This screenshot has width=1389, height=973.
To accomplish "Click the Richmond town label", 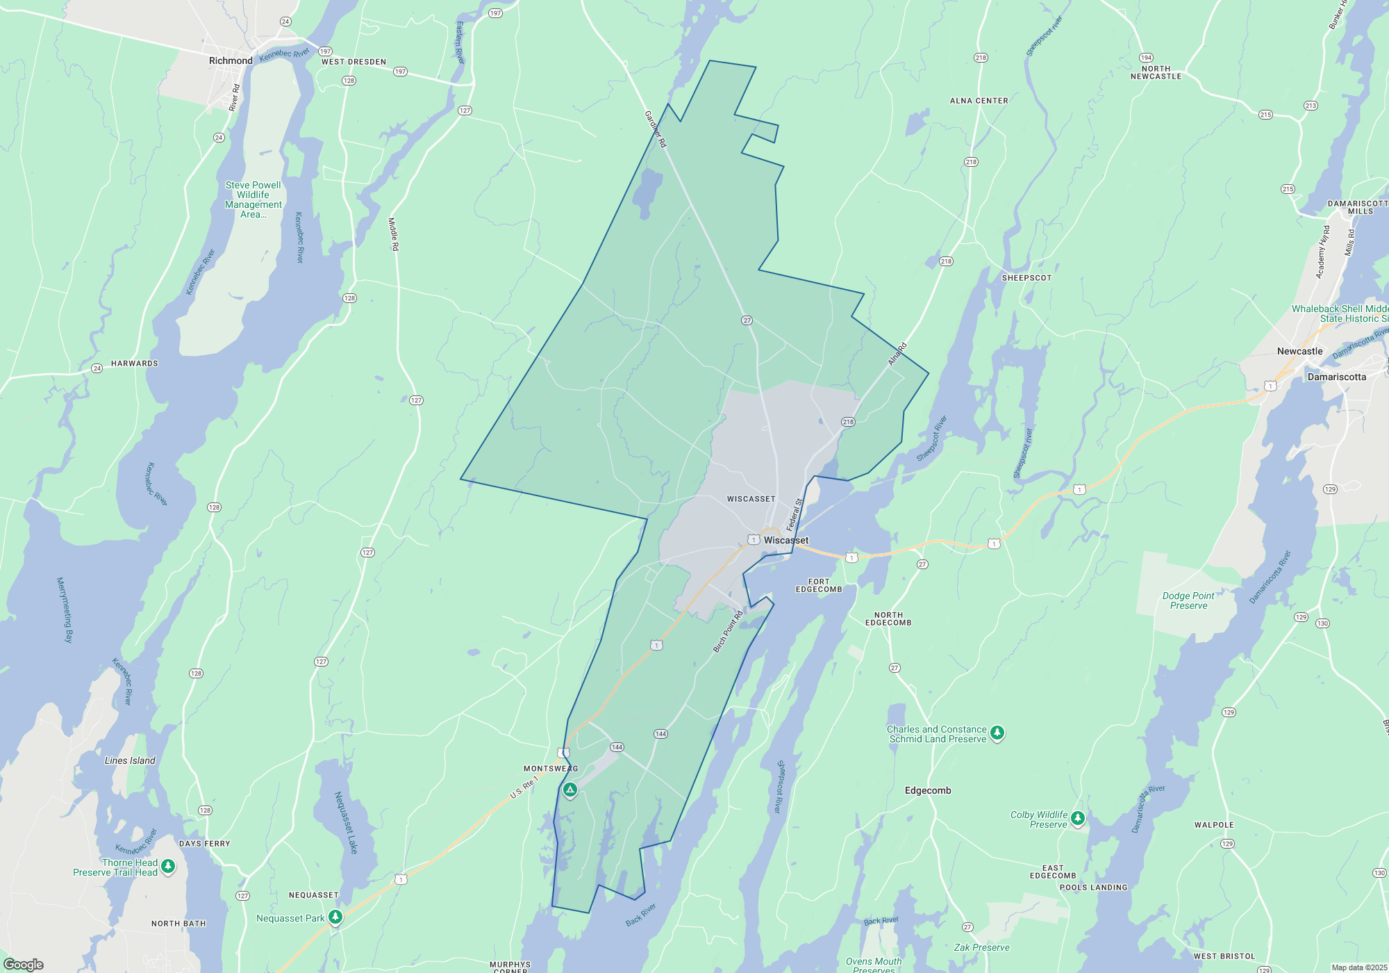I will click(x=231, y=61).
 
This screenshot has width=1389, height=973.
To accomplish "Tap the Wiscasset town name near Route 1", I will click(x=785, y=540).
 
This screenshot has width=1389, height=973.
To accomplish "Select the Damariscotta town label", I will click(x=1336, y=377).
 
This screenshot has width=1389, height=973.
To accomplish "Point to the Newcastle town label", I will click(x=1299, y=352).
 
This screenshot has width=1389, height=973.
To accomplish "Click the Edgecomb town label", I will click(x=928, y=791).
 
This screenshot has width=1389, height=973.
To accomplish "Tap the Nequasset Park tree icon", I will click(x=335, y=917).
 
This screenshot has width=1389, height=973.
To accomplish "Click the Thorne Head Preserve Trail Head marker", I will click(x=168, y=866).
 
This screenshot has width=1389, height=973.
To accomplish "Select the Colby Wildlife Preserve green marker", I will click(x=1077, y=818).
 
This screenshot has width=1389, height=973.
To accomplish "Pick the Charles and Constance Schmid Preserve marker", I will click(x=997, y=733).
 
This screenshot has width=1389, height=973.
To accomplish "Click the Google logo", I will click(x=24, y=964).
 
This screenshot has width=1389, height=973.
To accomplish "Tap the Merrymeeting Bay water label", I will click(x=65, y=610).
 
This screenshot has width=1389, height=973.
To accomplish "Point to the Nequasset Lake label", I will click(x=346, y=822).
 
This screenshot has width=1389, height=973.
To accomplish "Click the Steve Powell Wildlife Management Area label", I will click(x=253, y=199).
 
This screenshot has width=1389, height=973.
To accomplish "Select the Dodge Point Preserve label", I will click(x=1188, y=601).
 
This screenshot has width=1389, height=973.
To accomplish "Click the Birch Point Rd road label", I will click(x=728, y=632).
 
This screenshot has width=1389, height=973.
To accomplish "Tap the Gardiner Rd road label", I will click(x=656, y=129).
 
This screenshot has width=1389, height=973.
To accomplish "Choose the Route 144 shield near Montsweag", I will click(x=617, y=747).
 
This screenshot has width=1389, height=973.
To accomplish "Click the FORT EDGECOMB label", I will click(x=819, y=586).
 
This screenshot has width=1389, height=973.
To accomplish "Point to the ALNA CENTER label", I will click(x=979, y=101).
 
